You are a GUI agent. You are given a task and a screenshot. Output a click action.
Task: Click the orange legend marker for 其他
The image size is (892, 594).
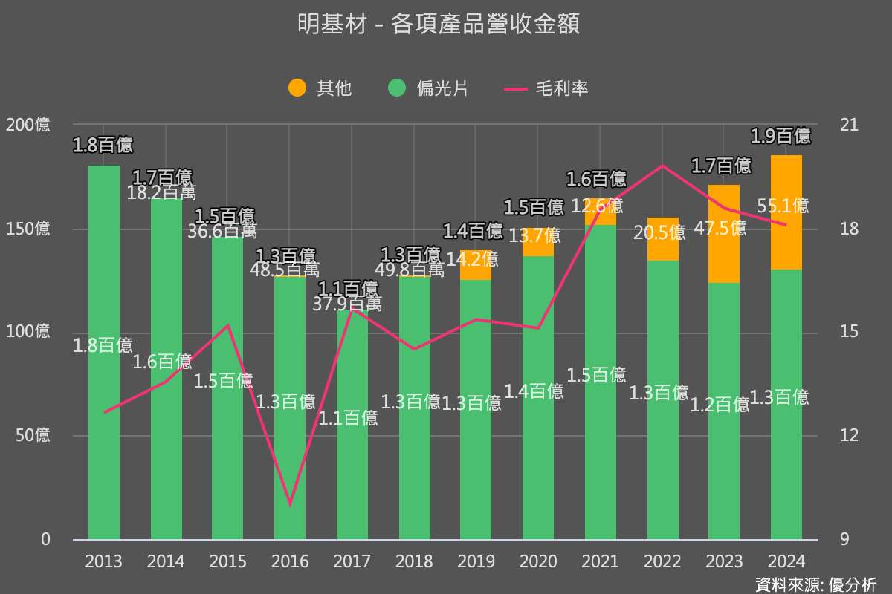point(297,88)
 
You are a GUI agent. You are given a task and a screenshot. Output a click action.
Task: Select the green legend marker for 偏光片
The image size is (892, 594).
point(397,88)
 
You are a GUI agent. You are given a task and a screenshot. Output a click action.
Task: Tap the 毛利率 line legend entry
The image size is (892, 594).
point(546,88)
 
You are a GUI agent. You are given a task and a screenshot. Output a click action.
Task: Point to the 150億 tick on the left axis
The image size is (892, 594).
point(28,229)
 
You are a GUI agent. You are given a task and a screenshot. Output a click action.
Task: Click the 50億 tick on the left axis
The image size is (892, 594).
point(33,435)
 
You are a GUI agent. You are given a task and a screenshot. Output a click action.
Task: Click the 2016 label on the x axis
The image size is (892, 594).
point(290,561)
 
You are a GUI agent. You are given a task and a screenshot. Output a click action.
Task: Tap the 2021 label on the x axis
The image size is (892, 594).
point(601,561)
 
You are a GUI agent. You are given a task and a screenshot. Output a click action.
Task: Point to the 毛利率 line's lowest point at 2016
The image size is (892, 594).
point(290,504)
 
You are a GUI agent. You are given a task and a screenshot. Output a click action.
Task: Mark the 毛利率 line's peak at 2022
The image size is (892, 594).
point(662,165)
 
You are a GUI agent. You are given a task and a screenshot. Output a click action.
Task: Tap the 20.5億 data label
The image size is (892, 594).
point(659,232)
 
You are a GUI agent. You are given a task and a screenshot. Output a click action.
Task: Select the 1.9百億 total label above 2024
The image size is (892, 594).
point(780,136)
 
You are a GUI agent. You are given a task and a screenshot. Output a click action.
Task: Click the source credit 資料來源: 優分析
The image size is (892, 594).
point(815,584)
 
